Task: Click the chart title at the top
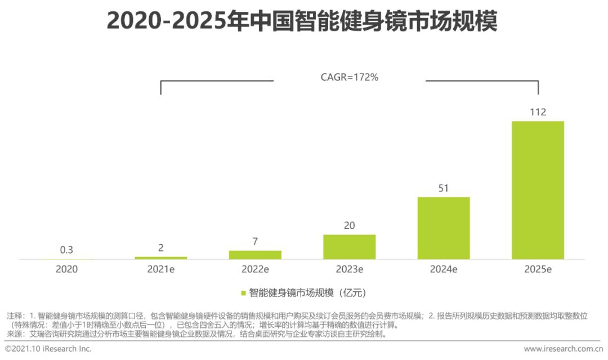pyautogui.click(x=302, y=22)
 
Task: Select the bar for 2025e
pyautogui.click(x=538, y=190)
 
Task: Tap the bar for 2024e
pyautogui.click(x=444, y=228)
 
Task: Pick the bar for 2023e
pyautogui.click(x=349, y=247)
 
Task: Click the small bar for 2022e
pyautogui.click(x=255, y=255)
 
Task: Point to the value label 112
pyautogui.click(x=538, y=112)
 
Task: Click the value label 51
pyautogui.click(x=444, y=188)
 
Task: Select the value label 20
pyautogui.click(x=349, y=226)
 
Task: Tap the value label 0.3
pyautogui.click(x=66, y=250)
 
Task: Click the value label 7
pyautogui.click(x=255, y=242)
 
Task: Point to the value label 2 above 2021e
pyautogui.click(x=161, y=248)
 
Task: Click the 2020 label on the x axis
pyautogui.click(x=66, y=269)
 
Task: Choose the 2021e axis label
pyautogui.click(x=161, y=269)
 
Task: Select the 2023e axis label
pyautogui.click(x=349, y=269)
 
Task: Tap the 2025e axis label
pyautogui.click(x=538, y=269)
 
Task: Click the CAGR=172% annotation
pyautogui.click(x=349, y=78)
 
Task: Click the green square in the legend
pyautogui.click(x=243, y=293)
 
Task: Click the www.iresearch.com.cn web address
pyautogui.click(x=564, y=349)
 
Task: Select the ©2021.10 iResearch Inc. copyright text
pyautogui.click(x=48, y=349)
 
